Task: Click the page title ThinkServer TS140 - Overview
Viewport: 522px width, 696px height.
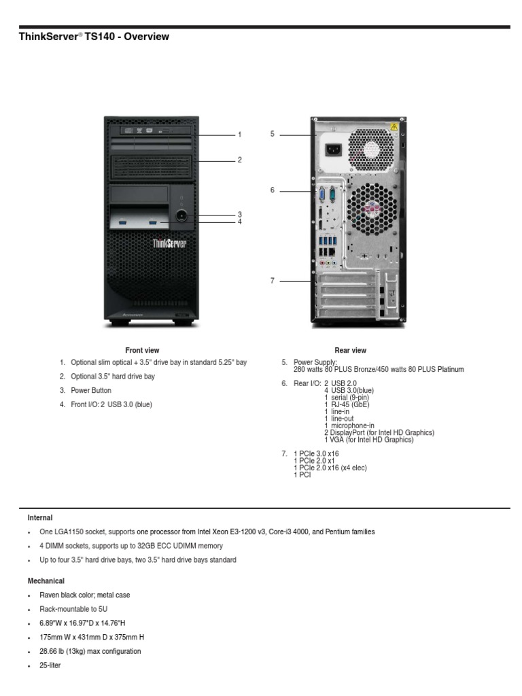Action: point(94,37)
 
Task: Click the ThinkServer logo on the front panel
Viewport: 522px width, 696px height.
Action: point(169,243)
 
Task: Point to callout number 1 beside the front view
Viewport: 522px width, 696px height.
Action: point(239,135)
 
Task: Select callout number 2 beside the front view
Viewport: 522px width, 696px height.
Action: point(239,160)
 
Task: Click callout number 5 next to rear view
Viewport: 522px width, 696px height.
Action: point(272,134)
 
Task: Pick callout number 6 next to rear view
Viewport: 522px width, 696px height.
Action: point(272,190)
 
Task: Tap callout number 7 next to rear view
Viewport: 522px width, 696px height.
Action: point(272,281)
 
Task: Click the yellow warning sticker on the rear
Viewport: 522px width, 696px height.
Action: point(393,127)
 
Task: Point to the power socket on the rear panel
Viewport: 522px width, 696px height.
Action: point(335,150)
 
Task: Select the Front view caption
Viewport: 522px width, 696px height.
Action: point(142,350)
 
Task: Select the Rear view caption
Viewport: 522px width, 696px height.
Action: point(350,350)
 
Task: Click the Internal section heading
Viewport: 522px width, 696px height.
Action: point(40,518)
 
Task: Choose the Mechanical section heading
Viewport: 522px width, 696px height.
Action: point(46,581)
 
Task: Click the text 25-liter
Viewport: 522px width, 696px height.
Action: point(50,665)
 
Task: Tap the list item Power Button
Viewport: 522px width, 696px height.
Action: point(91,391)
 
